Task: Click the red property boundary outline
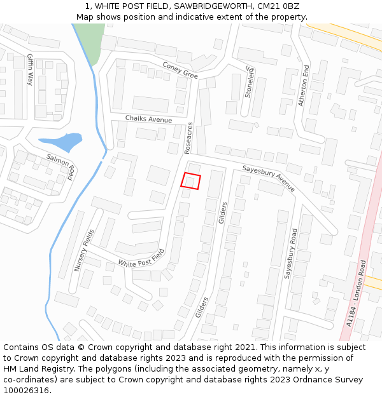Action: [x=191, y=181]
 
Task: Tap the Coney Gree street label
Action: [x=180, y=70]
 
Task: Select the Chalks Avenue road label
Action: [x=148, y=119]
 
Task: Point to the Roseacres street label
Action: [x=188, y=138]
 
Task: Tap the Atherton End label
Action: [x=305, y=84]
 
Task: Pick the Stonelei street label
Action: [x=249, y=82]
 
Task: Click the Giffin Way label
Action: [x=30, y=69]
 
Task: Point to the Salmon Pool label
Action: [x=62, y=165]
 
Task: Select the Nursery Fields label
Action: [x=83, y=251]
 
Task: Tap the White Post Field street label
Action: [x=141, y=259]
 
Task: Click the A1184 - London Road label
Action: [x=357, y=293]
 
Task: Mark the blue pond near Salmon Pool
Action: [x=61, y=141]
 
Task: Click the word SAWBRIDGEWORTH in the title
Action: [x=209, y=6]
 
